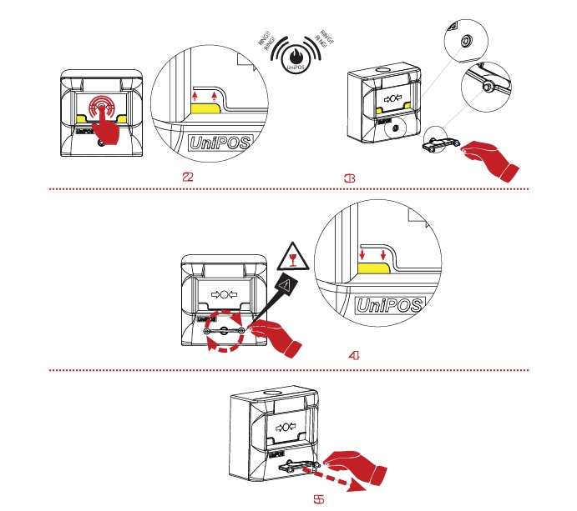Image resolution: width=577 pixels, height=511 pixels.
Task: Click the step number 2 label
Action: pyautogui.click(x=190, y=177)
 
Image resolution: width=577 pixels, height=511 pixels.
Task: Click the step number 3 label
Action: pyautogui.click(x=351, y=177)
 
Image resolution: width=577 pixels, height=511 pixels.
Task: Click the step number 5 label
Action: pyautogui.click(x=318, y=499)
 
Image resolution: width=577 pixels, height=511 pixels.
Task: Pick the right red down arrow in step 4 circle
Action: pyautogui.click(x=383, y=252)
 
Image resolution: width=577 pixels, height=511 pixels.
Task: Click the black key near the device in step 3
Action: pyautogui.click(x=440, y=143)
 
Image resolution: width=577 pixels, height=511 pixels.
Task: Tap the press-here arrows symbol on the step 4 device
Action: pyautogui.click(x=226, y=294)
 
